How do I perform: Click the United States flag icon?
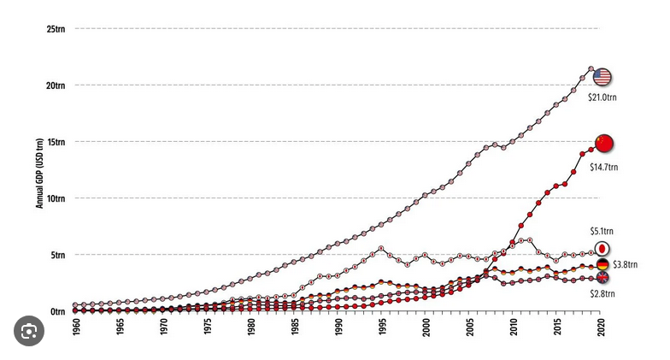point(602,77)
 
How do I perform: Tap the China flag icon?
point(604,143)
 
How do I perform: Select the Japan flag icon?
point(602,248)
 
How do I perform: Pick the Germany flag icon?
point(602,264)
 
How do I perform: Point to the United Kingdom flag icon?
point(602,278)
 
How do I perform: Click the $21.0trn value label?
point(602,97)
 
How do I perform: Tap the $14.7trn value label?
point(604,162)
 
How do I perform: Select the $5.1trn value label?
point(602,231)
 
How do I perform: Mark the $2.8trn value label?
point(602,293)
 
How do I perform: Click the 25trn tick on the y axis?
point(56,29)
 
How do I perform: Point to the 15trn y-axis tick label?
point(56,142)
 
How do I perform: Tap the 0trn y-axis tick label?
point(57,311)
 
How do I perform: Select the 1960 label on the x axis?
point(76,328)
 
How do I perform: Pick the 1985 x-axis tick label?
point(296,328)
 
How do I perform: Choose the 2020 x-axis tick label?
point(602,328)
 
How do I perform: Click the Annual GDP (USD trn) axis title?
point(38,170)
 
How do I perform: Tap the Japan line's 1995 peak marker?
point(382,248)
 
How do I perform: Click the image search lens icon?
point(29,331)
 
